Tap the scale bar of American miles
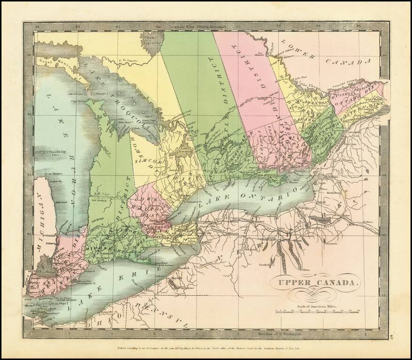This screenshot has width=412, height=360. (x=318, y=311)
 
